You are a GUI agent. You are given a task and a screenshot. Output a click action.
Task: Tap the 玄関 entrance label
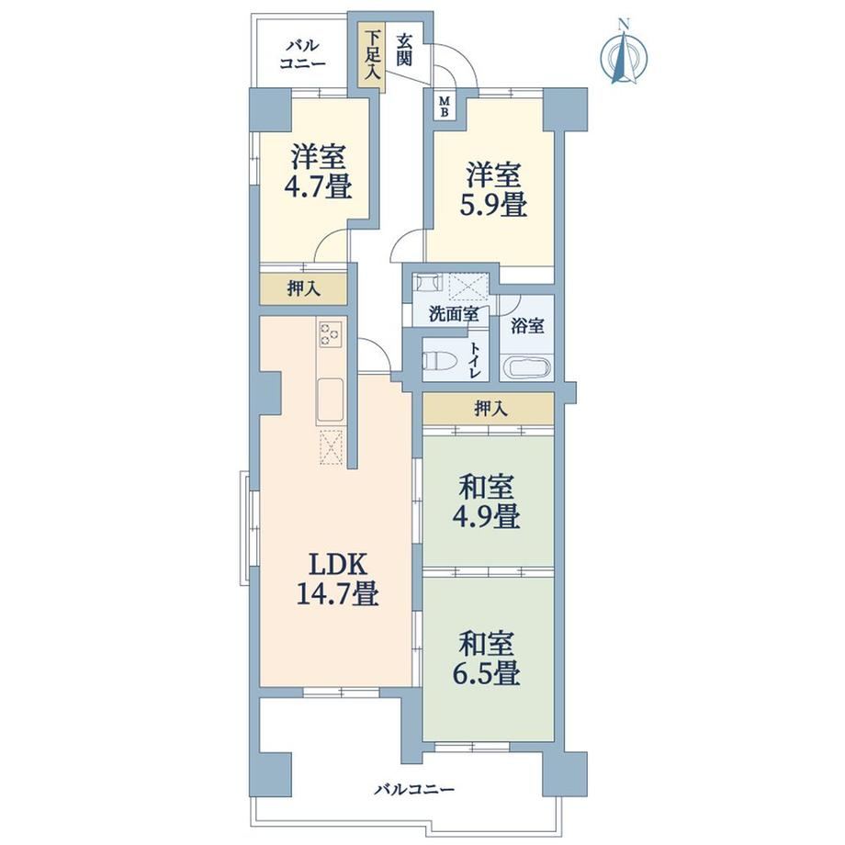coord(405,50)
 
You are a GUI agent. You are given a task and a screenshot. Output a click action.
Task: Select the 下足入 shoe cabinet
coord(372,56)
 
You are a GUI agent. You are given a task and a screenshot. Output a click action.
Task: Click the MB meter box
coord(445,107)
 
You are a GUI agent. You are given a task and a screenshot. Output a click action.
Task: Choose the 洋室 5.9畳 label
coord(492,190)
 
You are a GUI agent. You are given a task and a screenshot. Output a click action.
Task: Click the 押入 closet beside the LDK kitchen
coord(303,288)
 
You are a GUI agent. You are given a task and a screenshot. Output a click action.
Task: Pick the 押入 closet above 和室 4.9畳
coord(489,409)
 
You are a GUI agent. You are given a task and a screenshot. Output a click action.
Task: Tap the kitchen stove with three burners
coord(330,333)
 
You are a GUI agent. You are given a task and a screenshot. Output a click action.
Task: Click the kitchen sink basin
coord(331,399)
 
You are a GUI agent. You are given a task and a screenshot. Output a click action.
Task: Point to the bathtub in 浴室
coord(527,366)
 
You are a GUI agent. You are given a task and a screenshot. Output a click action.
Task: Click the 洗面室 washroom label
coord(454,313)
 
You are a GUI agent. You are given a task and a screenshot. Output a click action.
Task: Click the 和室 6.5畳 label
coord(486,659)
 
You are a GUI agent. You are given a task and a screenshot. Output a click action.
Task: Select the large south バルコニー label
coord(415,790)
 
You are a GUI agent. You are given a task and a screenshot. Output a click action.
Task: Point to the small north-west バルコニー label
coord(302,54)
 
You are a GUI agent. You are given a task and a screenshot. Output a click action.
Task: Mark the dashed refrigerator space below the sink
coord(331,446)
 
